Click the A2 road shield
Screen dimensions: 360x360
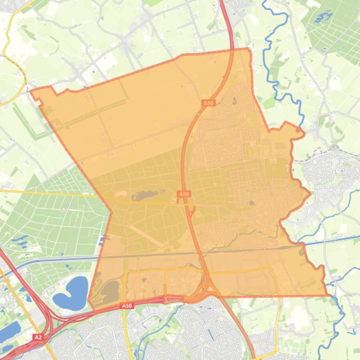pyautogui.click(x=38, y=337)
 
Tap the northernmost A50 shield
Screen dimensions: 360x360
pyautogui.click(x=208, y=103)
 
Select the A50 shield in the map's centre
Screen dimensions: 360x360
pyautogui.click(x=184, y=194)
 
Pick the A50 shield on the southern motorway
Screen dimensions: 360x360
pyautogui.click(x=127, y=306)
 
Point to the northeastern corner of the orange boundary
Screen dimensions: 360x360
pyautogui.click(x=248, y=49)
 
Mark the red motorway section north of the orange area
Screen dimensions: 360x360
pyautogui.click(x=228, y=23)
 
